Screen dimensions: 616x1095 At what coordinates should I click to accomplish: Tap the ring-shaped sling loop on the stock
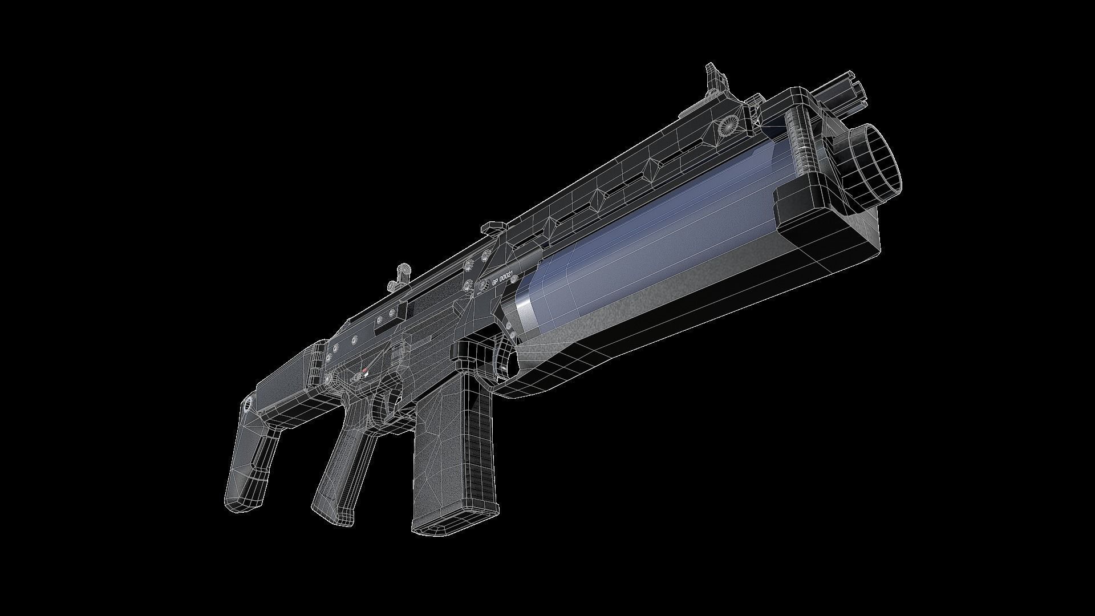pyautogui.click(x=248, y=406)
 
